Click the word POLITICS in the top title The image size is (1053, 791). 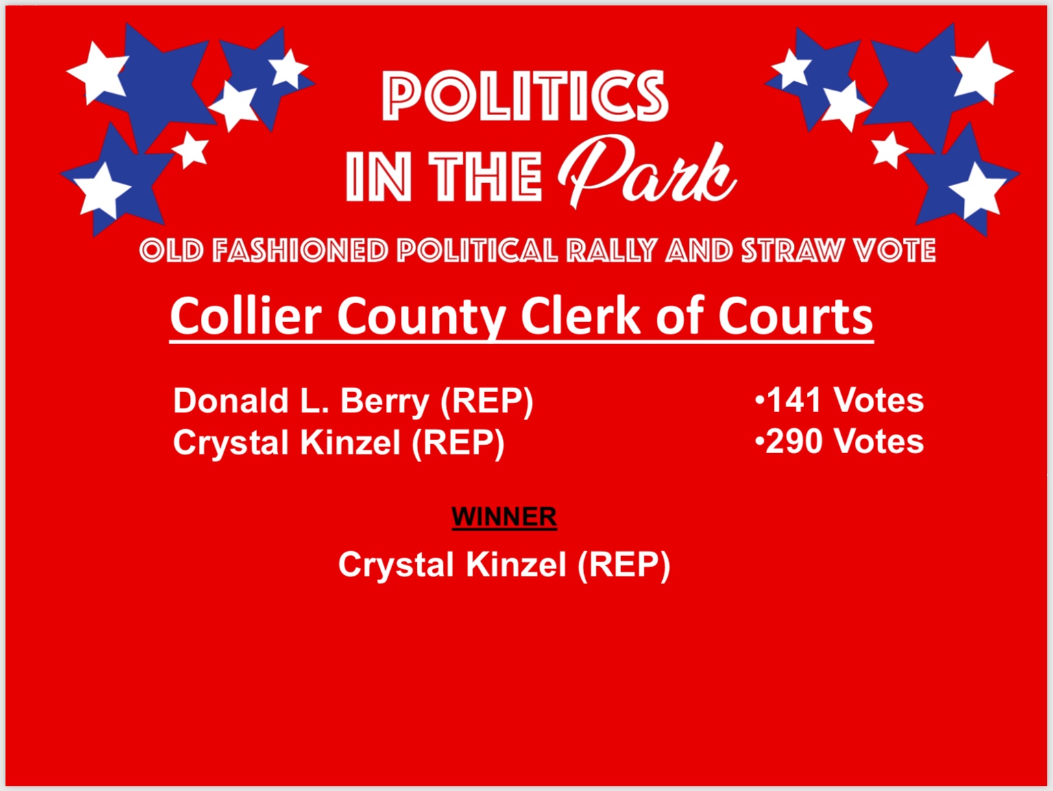tap(525, 95)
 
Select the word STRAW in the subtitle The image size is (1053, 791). tap(792, 250)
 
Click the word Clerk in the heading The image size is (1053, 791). tap(581, 316)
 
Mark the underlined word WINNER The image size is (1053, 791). tap(504, 516)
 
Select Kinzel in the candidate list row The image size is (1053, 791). tap(350, 442)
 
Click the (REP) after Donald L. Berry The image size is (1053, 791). tap(487, 402)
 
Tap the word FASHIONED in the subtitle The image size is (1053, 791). tap(300, 250)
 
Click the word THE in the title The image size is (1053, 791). tap(485, 175)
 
